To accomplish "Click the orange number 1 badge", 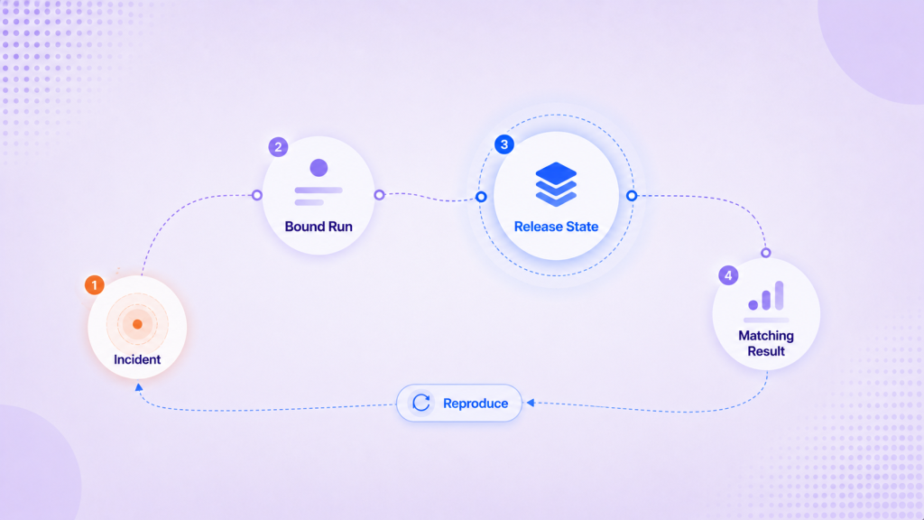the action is point(94,285).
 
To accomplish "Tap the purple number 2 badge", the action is point(278,147).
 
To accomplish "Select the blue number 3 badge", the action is point(504,144).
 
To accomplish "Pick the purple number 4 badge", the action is point(728,275).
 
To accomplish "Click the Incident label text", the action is point(137,359).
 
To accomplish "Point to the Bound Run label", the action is point(319,227).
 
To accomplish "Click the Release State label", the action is point(556,227).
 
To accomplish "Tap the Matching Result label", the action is point(766,343).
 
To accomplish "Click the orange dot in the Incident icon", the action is point(137,324).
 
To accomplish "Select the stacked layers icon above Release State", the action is point(556,184).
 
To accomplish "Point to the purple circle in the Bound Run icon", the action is point(319,168).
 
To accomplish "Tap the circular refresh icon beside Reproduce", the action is point(421,404).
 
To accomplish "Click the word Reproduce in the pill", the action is point(476,404).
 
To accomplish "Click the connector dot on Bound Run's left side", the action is point(257,195).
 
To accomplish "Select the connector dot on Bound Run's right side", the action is point(380,195).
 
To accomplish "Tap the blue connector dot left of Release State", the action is point(482,197).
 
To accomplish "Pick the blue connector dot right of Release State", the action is point(632,196).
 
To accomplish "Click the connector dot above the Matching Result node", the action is point(766,253).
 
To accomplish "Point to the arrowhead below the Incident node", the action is point(138,387).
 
